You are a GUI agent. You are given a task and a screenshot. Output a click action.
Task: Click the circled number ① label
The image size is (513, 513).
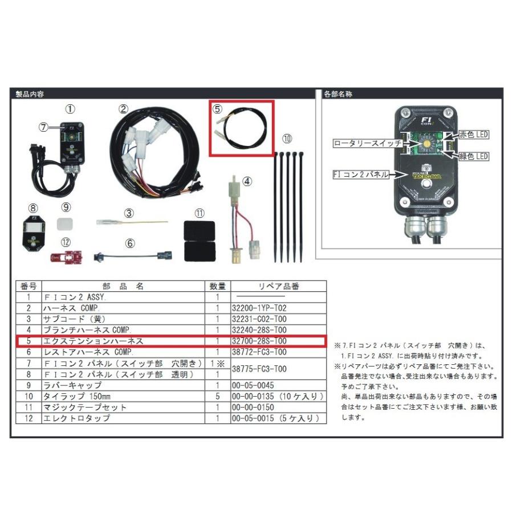[x=68, y=108]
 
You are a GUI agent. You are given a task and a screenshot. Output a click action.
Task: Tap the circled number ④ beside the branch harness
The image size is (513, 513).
[x=247, y=182]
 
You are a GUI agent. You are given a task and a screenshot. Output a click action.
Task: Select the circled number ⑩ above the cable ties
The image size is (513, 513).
[x=287, y=139]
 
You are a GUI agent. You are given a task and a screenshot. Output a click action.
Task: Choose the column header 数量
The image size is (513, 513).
[x=217, y=287]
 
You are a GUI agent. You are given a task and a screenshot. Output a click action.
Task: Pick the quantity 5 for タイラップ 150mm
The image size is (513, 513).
[x=217, y=396]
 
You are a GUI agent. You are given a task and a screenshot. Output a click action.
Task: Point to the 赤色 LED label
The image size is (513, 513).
[x=474, y=135]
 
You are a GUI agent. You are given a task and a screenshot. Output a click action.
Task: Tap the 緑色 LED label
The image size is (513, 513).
[x=475, y=156]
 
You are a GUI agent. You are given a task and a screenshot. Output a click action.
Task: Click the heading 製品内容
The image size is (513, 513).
[x=30, y=93]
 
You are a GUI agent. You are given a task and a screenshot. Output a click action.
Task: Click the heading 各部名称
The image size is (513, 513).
[x=337, y=93]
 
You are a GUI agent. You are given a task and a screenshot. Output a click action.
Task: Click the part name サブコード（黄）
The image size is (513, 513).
[x=74, y=319]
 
